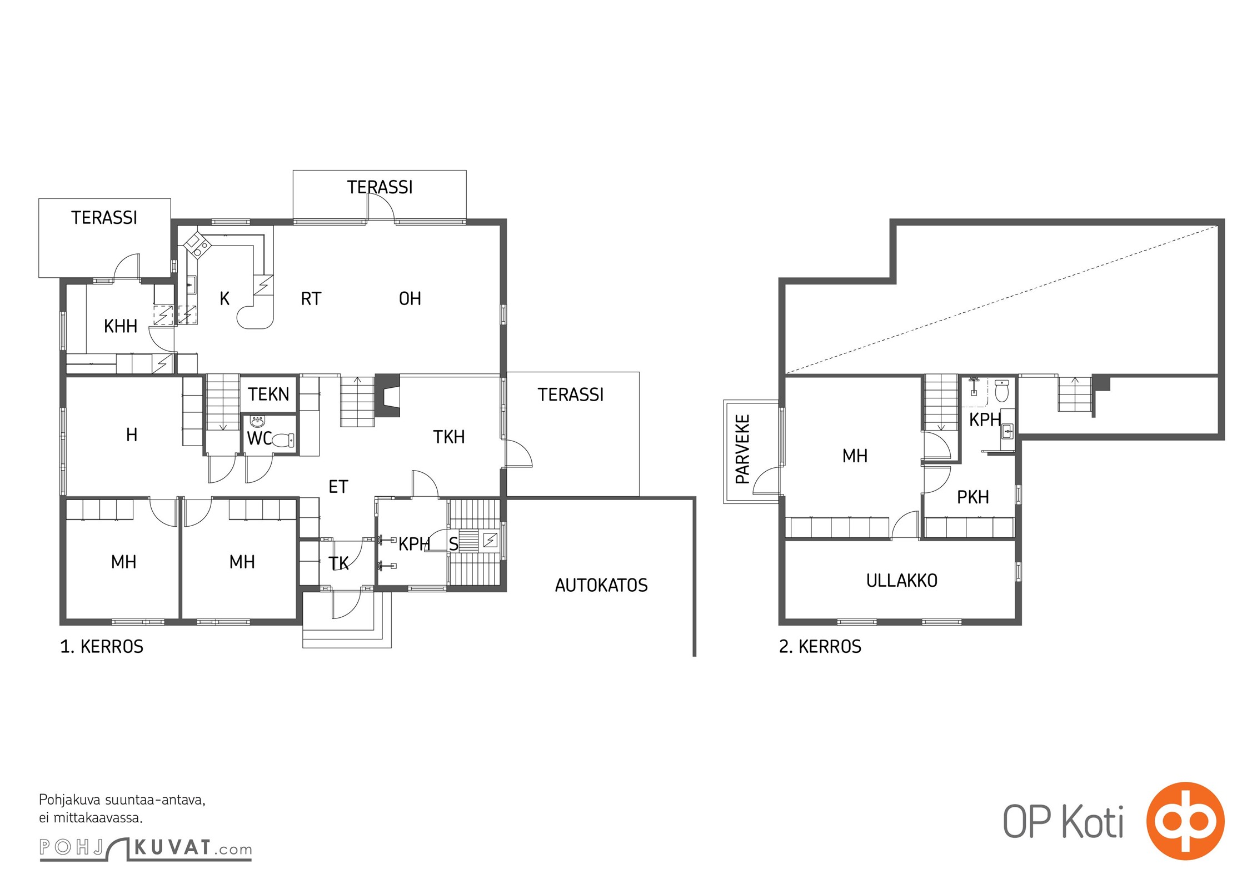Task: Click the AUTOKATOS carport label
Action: pyautogui.click(x=601, y=585)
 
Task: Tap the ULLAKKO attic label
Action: pyautogui.click(x=901, y=581)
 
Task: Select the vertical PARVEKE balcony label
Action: pyautogui.click(x=742, y=449)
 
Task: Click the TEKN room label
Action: pyautogui.click(x=268, y=394)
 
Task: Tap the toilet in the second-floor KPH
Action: pyautogui.click(x=1001, y=391)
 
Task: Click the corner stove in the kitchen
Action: pyautogui.click(x=197, y=244)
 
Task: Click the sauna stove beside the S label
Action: pyautogui.click(x=490, y=540)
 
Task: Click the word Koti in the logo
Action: pyautogui.click(x=1093, y=822)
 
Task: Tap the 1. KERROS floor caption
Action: pyautogui.click(x=102, y=647)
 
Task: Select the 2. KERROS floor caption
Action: pyautogui.click(x=820, y=647)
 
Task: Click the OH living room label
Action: pyautogui.click(x=410, y=299)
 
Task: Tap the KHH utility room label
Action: pyautogui.click(x=121, y=326)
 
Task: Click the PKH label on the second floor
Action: pyautogui.click(x=973, y=497)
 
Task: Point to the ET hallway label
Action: pyautogui.click(x=338, y=487)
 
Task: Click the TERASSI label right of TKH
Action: pyautogui.click(x=571, y=394)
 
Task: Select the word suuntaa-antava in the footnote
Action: pyautogui.click(x=155, y=801)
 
